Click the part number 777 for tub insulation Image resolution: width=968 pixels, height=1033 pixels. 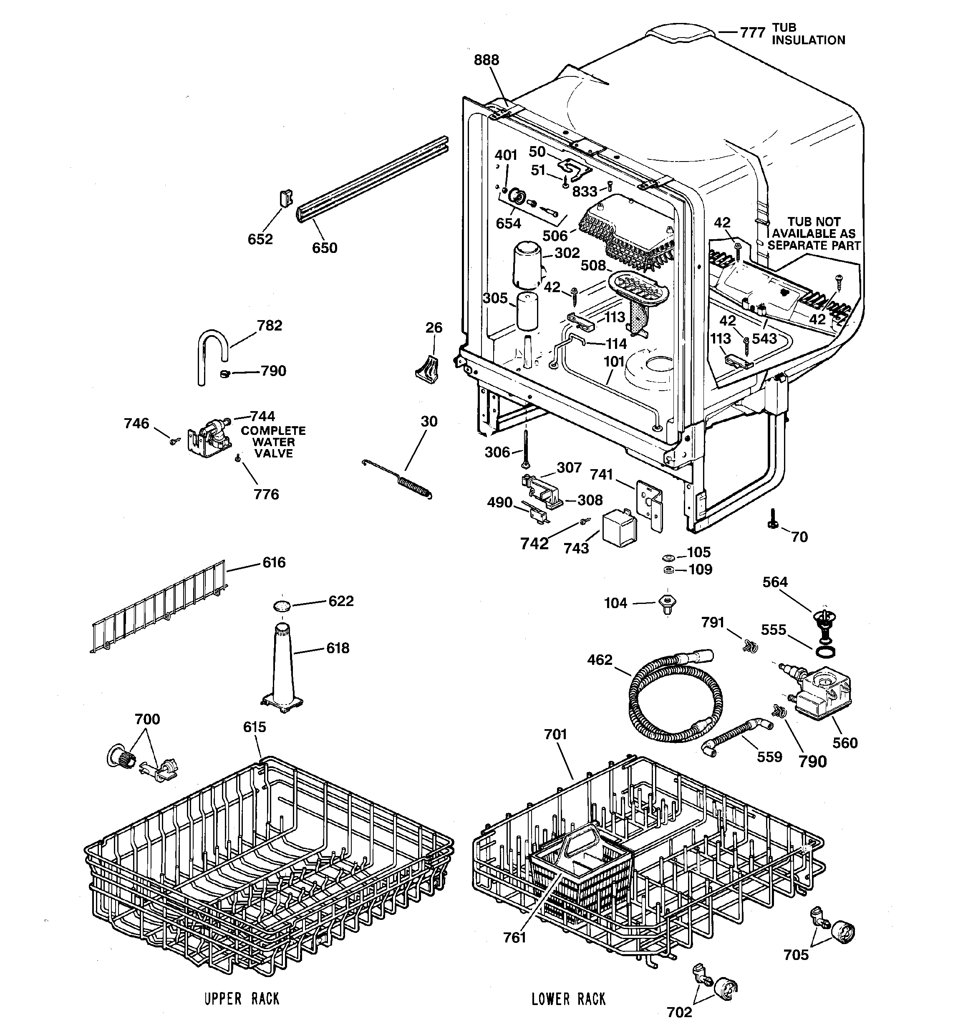tap(752, 32)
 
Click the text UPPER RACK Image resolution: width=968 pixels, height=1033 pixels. tap(242, 999)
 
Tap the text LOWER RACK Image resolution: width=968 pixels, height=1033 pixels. tap(568, 999)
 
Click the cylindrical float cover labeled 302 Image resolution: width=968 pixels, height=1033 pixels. tap(526, 265)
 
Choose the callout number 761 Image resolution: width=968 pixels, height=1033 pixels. tap(514, 937)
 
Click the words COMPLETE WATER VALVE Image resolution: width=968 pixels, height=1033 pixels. tap(273, 442)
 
